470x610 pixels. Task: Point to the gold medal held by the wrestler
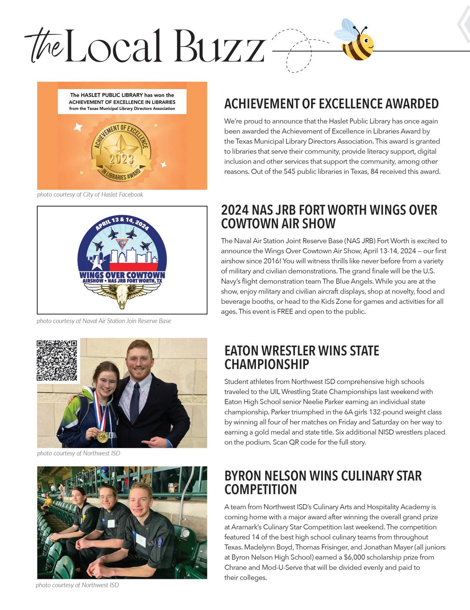103,436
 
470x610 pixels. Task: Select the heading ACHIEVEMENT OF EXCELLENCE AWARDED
331,104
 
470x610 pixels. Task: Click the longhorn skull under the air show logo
122,296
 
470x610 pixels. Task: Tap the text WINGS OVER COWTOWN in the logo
122,276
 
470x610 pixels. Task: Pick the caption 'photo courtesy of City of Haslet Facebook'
90,195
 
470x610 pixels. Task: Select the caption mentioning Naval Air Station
104,321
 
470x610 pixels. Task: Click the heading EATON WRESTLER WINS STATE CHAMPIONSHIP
302,358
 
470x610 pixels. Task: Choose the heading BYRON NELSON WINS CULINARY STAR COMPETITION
323,482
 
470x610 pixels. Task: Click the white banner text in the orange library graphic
122,101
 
